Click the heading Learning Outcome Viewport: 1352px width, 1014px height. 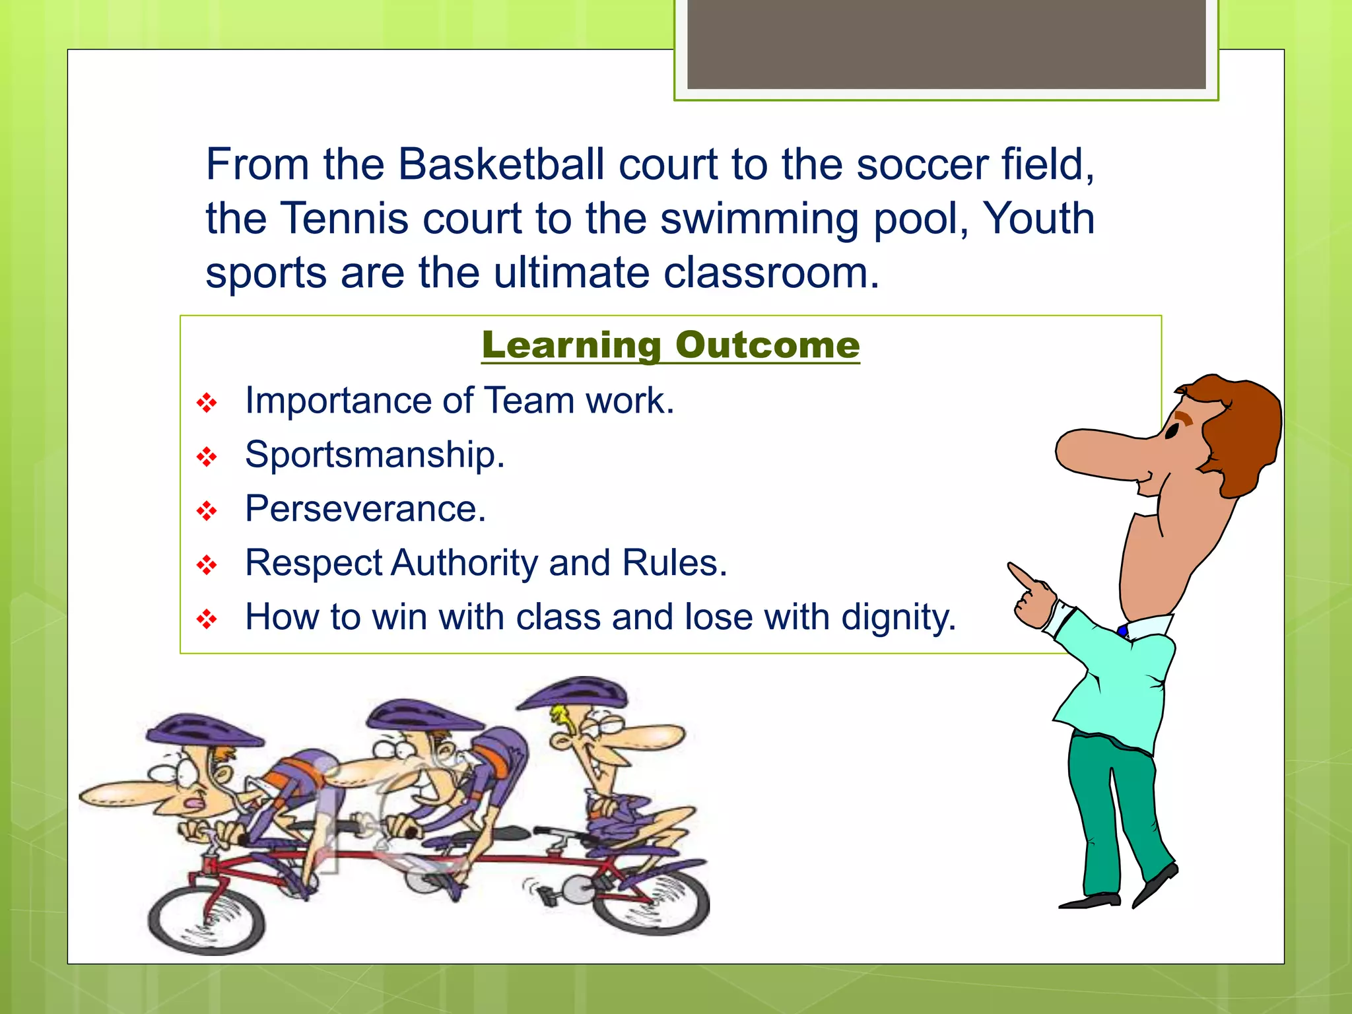670,345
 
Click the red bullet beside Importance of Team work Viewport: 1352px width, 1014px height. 207,403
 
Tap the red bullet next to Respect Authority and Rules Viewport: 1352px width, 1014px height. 207,565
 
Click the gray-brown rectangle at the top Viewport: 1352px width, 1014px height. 946,44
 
